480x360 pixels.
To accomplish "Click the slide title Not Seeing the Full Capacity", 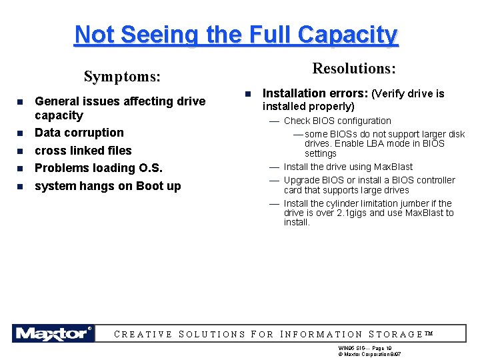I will [236, 34].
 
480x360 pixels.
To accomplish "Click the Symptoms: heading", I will [122, 77].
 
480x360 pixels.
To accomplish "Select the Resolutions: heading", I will [354, 69].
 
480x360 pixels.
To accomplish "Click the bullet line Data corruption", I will [79, 133].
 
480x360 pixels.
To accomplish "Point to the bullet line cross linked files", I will [83, 151].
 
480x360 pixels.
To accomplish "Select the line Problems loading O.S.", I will [98, 168].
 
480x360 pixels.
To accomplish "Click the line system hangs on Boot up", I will [107, 186].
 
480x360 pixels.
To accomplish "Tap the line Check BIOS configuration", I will [337, 121].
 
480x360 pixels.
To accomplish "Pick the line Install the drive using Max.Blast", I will [348, 167].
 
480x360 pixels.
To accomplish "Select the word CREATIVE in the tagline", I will [143, 335].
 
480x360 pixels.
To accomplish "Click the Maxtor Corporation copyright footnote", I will [369, 353].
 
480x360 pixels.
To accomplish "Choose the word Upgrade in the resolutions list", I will [301, 180].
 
